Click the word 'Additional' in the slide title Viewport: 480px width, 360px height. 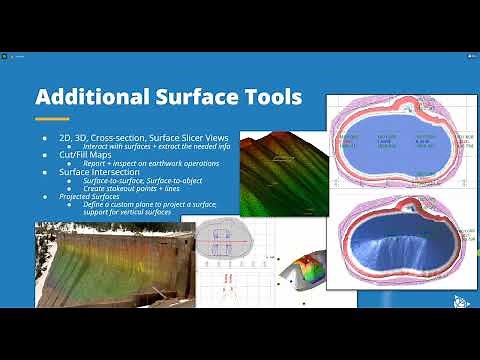coord(87,97)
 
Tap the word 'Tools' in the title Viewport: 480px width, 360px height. coord(267,97)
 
